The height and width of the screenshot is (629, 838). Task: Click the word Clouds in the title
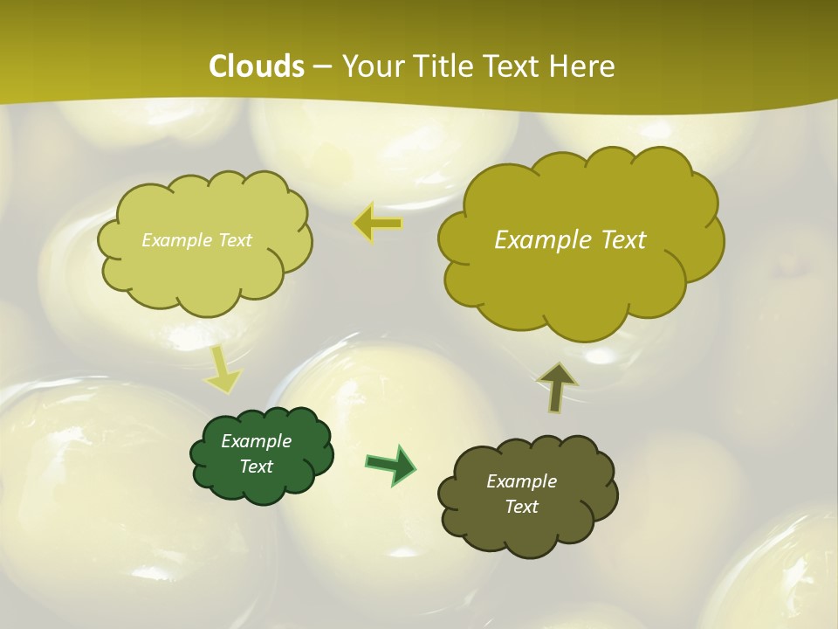pyautogui.click(x=257, y=66)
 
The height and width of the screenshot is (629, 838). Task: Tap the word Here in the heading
pyautogui.click(x=582, y=66)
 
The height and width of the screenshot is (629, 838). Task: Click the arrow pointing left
pyautogui.click(x=378, y=224)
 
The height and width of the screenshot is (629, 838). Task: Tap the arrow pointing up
pyautogui.click(x=556, y=386)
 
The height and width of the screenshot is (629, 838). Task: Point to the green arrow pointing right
pyautogui.click(x=390, y=464)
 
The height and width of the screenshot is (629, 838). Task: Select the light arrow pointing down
pyautogui.click(x=223, y=370)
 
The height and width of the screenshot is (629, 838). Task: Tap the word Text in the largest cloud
pyautogui.click(x=623, y=240)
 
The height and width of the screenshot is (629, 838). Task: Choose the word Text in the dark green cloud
pyautogui.click(x=257, y=467)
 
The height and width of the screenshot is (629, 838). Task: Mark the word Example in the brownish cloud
pyautogui.click(x=521, y=481)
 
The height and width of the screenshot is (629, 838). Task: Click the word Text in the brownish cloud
pyautogui.click(x=521, y=507)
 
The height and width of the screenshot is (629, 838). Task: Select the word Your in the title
pyautogui.click(x=370, y=66)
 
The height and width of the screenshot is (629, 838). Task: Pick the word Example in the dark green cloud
pyautogui.click(x=257, y=441)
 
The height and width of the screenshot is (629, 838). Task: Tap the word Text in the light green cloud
pyautogui.click(x=234, y=240)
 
